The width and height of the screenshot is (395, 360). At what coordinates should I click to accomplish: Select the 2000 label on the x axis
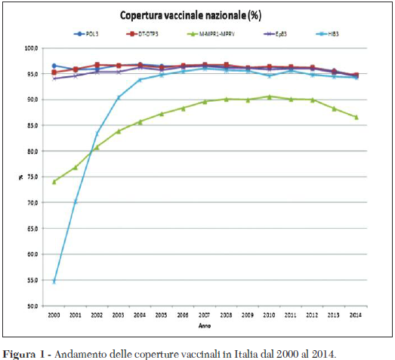click(x=54, y=314)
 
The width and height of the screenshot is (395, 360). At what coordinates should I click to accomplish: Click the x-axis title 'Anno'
click(x=204, y=325)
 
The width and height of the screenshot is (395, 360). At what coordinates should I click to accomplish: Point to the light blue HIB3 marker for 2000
click(x=54, y=282)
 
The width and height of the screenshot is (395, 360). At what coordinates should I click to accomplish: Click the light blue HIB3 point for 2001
click(x=76, y=202)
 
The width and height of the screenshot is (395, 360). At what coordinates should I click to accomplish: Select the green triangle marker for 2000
click(x=54, y=181)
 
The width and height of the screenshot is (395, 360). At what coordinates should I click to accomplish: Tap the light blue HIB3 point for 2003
click(x=119, y=97)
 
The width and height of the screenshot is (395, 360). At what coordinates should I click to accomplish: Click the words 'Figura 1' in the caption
click(x=23, y=352)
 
